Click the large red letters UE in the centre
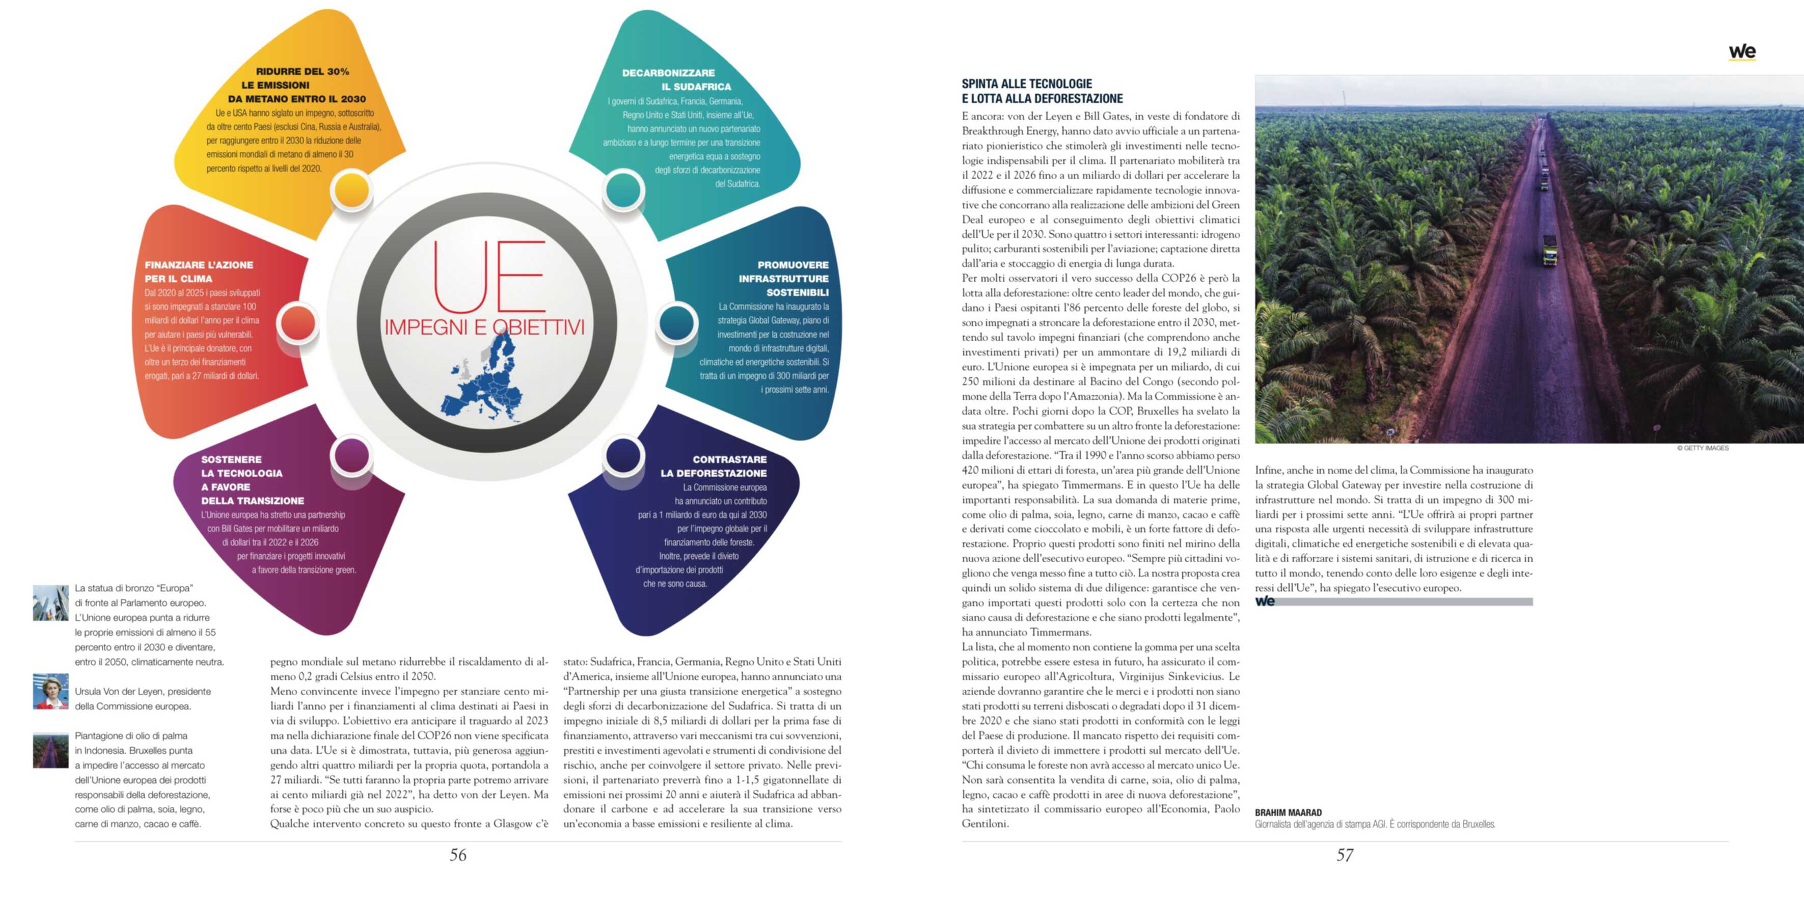pyautogui.click(x=488, y=277)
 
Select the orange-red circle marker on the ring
pyautogui.click(x=299, y=323)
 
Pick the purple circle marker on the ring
pyautogui.click(x=351, y=456)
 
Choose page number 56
pyautogui.click(x=458, y=855)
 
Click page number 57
pyautogui.click(x=1345, y=855)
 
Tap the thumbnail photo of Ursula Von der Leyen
pyautogui.click(x=50, y=691)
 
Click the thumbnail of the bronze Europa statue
pyautogui.click(x=50, y=603)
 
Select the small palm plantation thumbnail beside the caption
pyautogui.click(x=50, y=750)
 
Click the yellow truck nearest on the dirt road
pyautogui.click(x=1550, y=250)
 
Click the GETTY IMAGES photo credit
pyautogui.click(x=1703, y=448)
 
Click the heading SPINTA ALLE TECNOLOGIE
pyautogui.click(x=1027, y=84)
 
